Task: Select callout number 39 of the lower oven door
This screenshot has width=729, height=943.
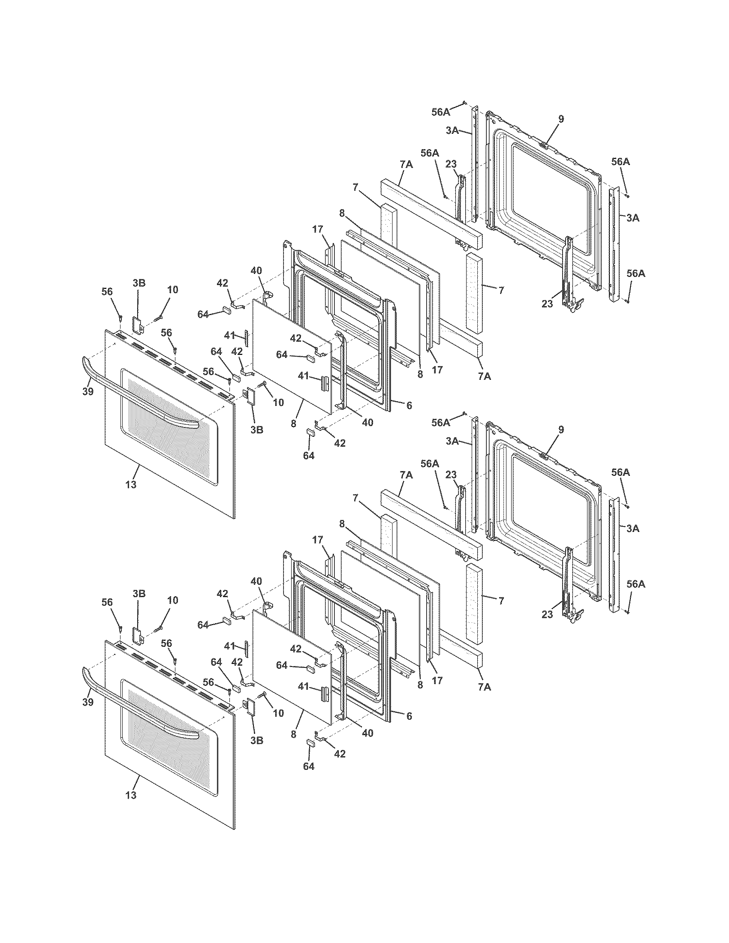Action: pos(87,702)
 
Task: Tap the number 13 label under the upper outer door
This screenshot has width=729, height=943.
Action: pos(131,484)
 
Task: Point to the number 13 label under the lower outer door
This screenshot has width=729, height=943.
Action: pos(131,795)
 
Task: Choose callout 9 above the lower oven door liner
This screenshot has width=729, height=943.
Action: pos(560,430)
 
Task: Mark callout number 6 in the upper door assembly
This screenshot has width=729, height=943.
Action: pos(409,405)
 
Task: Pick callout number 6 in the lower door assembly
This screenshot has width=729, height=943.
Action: pos(409,716)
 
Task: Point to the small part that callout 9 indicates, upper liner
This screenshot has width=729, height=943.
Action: pos(545,146)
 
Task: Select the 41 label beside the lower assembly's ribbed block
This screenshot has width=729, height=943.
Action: pos(304,687)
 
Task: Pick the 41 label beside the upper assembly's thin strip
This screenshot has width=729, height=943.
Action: pos(229,335)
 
